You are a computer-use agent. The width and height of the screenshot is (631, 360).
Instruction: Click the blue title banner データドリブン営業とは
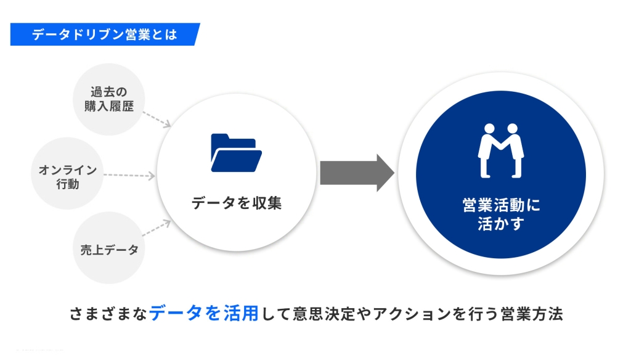tap(105, 35)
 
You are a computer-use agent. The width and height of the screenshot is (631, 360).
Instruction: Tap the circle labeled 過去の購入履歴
tap(108, 99)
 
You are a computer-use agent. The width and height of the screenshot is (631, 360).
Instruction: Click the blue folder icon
tap(236, 152)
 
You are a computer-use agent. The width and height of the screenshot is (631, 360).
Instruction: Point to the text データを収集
tap(236, 203)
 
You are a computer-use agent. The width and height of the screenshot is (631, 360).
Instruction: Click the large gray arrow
tap(356, 173)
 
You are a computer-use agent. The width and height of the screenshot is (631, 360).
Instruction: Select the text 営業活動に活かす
tap(500, 214)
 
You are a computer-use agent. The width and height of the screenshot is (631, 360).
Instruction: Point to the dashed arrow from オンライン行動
tap(129, 176)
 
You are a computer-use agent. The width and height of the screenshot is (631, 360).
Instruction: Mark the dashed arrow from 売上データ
tap(157, 228)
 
